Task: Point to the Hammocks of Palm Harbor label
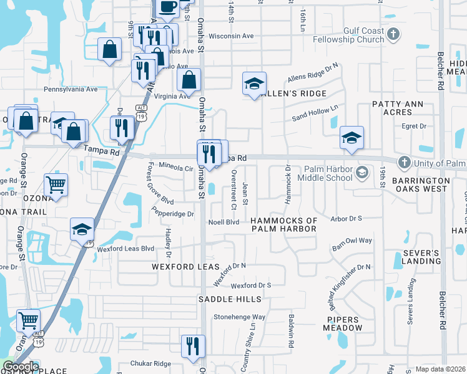point(284,225)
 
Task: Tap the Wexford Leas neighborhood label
point(185,267)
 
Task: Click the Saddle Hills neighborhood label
point(230,299)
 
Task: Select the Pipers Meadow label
point(344,324)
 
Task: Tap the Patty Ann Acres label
point(401,108)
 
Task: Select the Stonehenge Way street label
point(240,317)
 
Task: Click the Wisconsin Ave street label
point(231,36)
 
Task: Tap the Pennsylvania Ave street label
point(71,89)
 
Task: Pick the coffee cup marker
point(167,7)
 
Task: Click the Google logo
point(20,367)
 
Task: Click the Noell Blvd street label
point(224,222)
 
